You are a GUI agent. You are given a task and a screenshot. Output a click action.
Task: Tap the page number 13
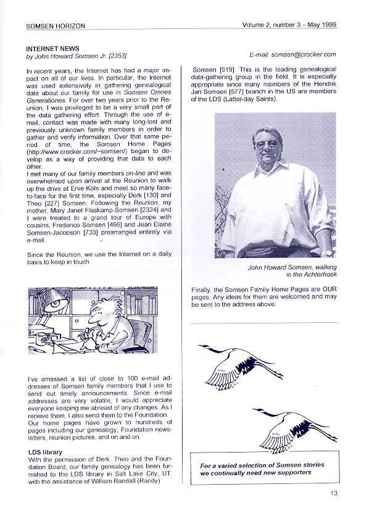point(334,492)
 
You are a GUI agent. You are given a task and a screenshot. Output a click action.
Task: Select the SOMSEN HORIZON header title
point(56,26)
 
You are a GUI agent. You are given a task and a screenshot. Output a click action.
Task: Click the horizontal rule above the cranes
point(265,322)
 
